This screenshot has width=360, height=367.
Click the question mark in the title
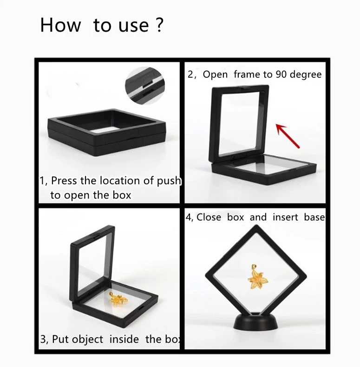click(159, 25)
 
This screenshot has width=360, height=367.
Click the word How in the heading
click(60, 25)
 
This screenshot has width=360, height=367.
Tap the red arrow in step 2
click(288, 136)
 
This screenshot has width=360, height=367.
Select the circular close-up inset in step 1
click(145, 86)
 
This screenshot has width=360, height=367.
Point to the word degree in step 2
click(306, 75)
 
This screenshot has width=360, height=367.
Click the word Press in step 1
click(64, 180)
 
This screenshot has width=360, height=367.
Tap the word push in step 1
click(169, 181)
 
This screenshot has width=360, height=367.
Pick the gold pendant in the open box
click(118, 299)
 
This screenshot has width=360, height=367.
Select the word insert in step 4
click(285, 217)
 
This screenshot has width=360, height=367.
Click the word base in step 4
click(314, 217)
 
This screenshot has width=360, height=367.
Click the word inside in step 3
click(124, 339)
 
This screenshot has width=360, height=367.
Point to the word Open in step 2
click(215, 75)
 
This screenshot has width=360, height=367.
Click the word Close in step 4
click(209, 217)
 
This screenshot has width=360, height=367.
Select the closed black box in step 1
click(106, 132)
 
